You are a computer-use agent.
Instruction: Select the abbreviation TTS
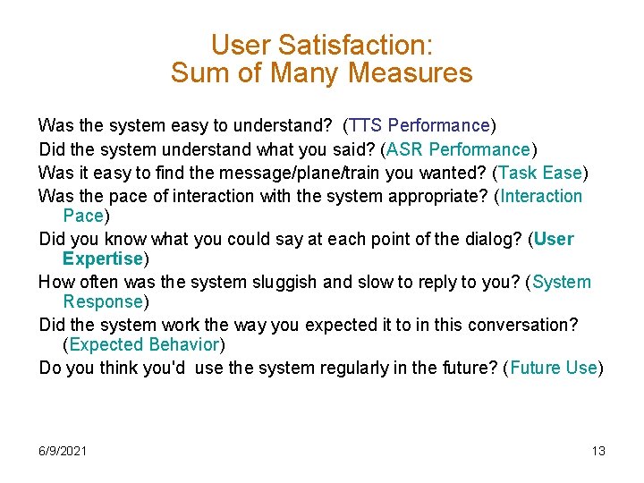[x=367, y=125]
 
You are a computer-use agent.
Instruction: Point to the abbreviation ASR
[x=402, y=149]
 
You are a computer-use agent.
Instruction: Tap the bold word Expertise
[x=103, y=258]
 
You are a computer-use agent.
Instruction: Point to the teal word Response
[x=103, y=301]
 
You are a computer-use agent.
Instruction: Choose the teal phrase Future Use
[x=554, y=368]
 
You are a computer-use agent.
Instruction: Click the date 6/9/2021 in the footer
[x=63, y=451]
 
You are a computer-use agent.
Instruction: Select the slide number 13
[x=598, y=451]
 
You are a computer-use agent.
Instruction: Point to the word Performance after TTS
[x=439, y=125]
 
